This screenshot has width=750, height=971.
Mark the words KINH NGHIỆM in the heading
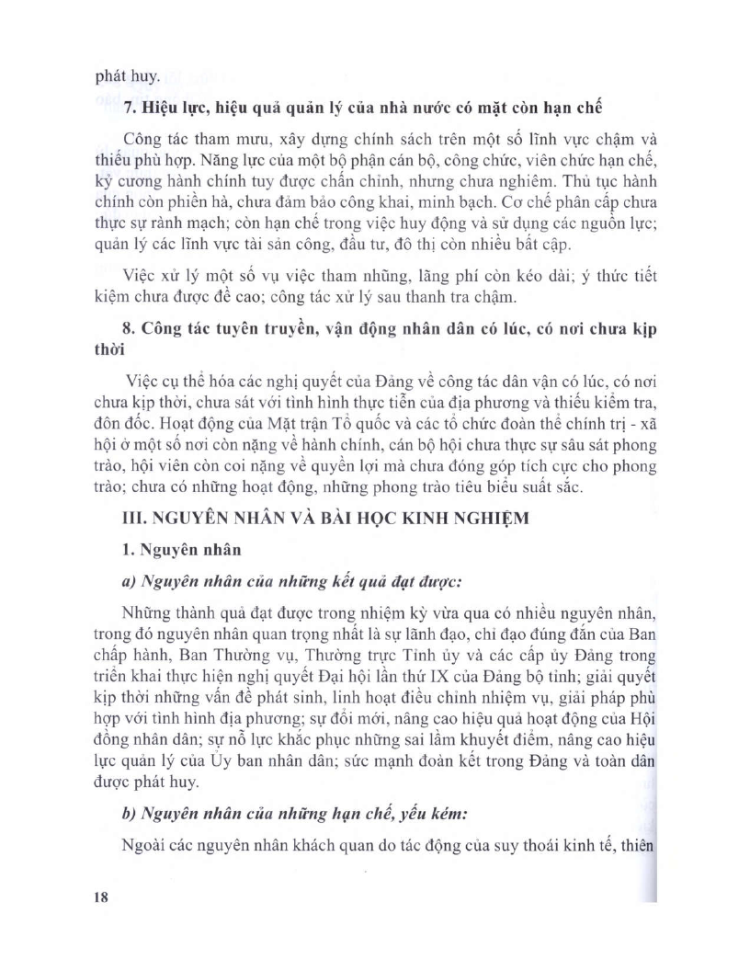coord(461,517)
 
